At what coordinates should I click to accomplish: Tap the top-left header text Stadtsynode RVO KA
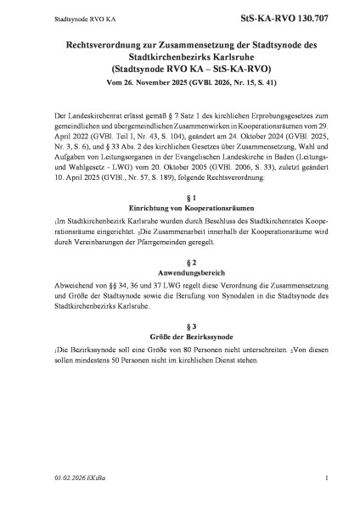[x=56, y=16]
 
